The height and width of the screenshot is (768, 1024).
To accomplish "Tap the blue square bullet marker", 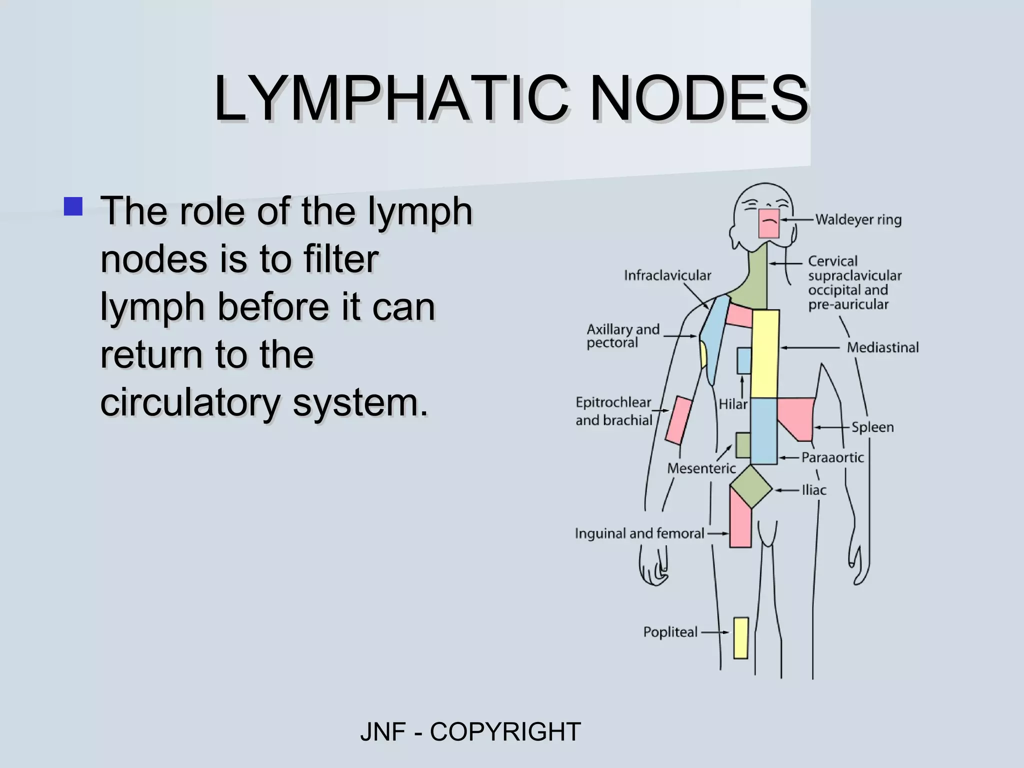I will pyautogui.click(x=73, y=206).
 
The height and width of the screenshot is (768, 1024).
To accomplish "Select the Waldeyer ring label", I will pyautogui.click(x=858, y=219).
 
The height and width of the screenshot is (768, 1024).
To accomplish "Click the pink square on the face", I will pyautogui.click(x=769, y=223).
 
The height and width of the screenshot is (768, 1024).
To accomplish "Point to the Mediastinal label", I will pyautogui.click(x=882, y=347).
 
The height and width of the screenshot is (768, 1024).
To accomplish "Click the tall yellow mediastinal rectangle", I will pyautogui.click(x=765, y=353).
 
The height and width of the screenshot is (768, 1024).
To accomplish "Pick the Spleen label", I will pyautogui.click(x=872, y=427).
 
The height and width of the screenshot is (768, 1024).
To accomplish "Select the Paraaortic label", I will pyautogui.click(x=832, y=457).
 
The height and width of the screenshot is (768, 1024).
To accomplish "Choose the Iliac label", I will pyautogui.click(x=814, y=490).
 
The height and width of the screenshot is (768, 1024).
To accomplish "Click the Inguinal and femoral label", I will pyautogui.click(x=639, y=533).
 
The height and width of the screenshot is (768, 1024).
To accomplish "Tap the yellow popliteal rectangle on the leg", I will pyautogui.click(x=741, y=638).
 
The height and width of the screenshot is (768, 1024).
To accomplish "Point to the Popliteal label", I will pyautogui.click(x=670, y=632).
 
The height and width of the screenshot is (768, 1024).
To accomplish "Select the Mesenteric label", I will pyautogui.click(x=701, y=468).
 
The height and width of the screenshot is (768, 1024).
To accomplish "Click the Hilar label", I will pyautogui.click(x=733, y=404).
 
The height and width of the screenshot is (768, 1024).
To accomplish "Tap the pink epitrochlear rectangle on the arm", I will pyautogui.click(x=678, y=420).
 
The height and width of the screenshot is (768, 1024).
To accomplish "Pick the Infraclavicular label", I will pyautogui.click(x=667, y=275).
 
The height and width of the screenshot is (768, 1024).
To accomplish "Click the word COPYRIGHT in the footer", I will pyautogui.click(x=505, y=732).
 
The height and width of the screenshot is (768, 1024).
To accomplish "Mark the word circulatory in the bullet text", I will pyautogui.click(x=189, y=402).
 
